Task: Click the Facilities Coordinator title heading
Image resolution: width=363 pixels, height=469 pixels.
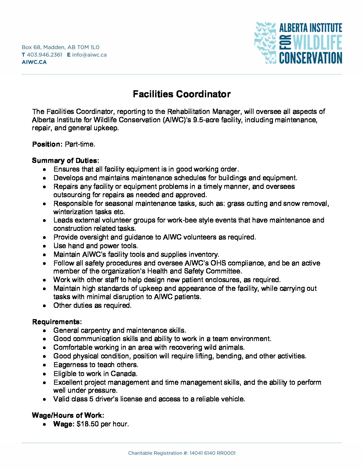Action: (181, 94)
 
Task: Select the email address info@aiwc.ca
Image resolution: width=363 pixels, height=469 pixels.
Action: (89, 55)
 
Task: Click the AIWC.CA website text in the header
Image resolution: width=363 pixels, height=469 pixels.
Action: (34, 62)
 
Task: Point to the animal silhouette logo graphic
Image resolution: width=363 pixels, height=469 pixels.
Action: (265, 42)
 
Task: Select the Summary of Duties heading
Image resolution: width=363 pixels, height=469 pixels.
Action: (65, 161)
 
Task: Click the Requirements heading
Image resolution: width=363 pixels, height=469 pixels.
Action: (57, 322)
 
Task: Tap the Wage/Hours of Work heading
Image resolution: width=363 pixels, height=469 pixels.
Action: (68, 415)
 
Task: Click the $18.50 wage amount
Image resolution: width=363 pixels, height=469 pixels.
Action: (88, 424)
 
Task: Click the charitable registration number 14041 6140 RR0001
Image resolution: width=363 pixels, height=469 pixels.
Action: (213, 453)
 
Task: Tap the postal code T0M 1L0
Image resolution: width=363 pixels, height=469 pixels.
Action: (88, 47)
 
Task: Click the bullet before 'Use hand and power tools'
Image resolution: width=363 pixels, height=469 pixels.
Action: (44, 246)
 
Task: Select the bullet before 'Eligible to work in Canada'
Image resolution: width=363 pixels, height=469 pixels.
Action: (44, 374)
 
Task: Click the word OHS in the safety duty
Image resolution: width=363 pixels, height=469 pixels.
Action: (218, 263)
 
